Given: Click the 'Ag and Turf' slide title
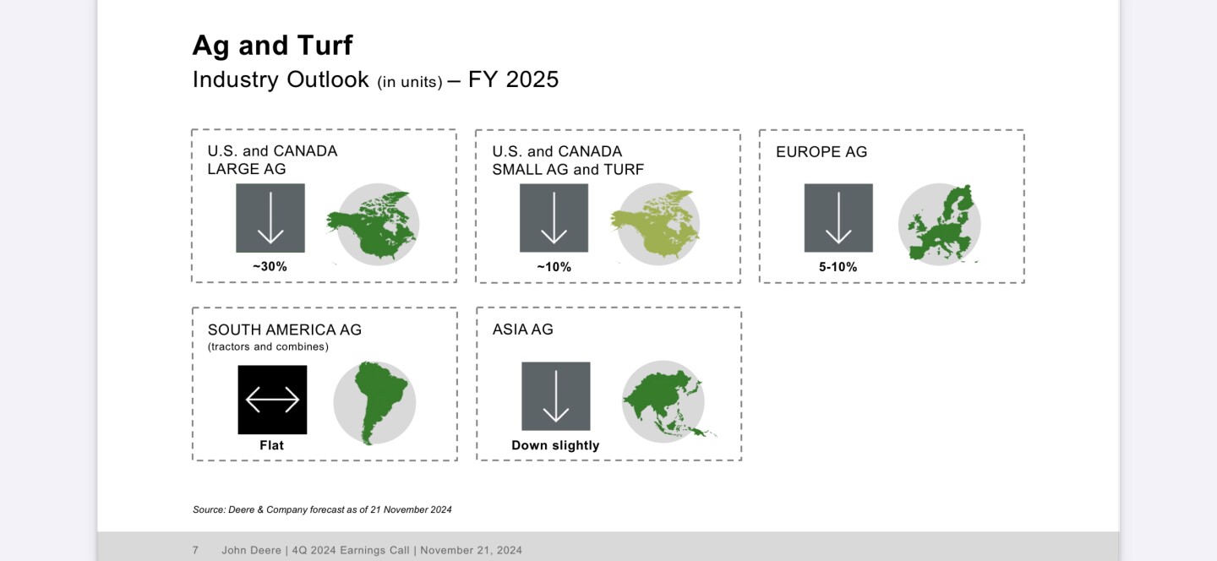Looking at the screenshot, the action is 272,46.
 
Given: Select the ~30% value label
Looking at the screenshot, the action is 270,266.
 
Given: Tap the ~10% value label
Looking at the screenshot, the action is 554,267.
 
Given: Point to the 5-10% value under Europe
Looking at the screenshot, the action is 838,267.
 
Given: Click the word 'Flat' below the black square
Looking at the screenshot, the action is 271,445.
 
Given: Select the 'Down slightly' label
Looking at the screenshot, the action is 555,445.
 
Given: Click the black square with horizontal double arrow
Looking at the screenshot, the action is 272,400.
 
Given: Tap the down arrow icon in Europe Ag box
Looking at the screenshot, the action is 838,218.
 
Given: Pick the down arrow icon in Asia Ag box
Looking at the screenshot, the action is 556,396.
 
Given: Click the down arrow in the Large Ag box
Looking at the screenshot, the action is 270,218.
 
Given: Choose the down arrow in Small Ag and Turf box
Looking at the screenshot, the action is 554,218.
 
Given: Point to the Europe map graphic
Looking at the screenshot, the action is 941,224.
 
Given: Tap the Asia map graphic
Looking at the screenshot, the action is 666,402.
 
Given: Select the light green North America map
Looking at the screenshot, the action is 656,224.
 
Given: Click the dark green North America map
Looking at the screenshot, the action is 373,224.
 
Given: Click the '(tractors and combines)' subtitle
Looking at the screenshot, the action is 268,346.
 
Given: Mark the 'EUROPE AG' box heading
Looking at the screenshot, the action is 821,151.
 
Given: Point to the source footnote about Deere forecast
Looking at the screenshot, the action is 322,509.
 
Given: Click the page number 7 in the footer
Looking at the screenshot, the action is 195,550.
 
